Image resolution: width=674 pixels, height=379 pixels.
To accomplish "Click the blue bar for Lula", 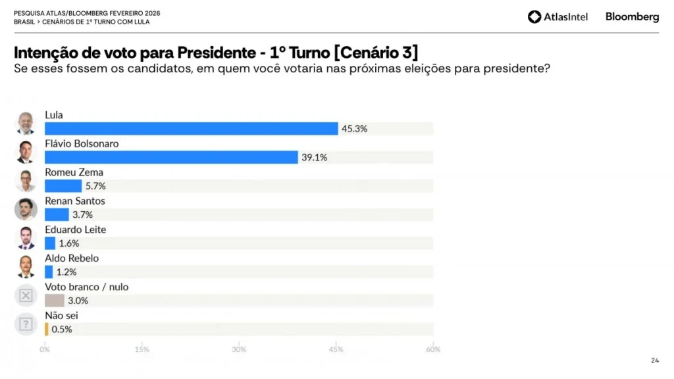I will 191,129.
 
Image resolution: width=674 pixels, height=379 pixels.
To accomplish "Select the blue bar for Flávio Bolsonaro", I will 171,157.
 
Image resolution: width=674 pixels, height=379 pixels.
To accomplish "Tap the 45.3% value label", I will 354,129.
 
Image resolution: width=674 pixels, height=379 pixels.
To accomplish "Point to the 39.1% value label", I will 315,157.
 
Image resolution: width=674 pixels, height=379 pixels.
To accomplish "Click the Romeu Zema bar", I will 63,186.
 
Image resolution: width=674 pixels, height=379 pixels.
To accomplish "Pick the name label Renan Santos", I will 75,201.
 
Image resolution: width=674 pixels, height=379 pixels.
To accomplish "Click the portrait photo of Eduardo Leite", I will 26,238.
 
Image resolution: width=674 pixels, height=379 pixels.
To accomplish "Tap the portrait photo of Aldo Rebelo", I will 26,266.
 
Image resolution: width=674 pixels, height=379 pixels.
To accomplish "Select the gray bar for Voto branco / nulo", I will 54,301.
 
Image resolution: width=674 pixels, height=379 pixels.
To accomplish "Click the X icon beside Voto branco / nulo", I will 26,295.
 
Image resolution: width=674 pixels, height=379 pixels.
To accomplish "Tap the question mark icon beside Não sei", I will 26,324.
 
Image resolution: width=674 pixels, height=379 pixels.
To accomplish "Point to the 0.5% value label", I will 61,329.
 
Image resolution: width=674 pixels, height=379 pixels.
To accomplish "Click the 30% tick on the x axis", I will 239,349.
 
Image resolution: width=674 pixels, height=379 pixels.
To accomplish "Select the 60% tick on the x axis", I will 432,349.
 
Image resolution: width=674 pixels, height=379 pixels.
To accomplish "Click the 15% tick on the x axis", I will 142,349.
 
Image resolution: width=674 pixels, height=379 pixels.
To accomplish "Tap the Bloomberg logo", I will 632,17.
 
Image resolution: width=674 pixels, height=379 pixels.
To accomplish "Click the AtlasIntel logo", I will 557,17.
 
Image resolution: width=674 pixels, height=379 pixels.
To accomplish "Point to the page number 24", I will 654,360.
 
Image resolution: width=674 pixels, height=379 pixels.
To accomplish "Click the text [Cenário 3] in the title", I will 376,52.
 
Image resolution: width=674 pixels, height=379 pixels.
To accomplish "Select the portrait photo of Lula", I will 26,123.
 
